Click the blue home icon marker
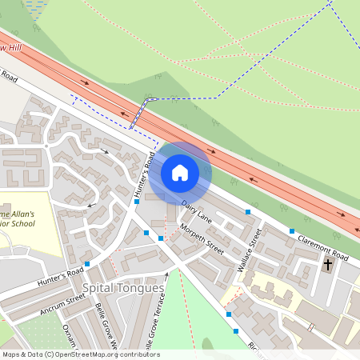pos(180,172)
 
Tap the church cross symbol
pos(328,263)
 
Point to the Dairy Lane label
pos(196,212)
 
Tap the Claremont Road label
pos(323,248)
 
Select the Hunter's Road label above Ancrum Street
pos(59,276)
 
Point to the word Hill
pos(10,49)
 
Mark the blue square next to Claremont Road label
pos(292,230)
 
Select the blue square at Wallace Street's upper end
pos(249,211)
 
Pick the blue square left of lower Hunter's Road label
pos(86,263)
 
